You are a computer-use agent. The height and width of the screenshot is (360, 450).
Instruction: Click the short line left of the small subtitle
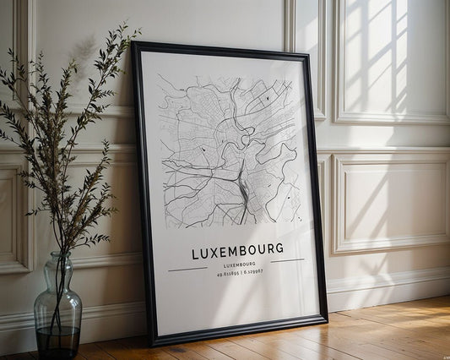pos(187,270)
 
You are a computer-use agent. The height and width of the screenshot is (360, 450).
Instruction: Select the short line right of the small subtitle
pos(287,260)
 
